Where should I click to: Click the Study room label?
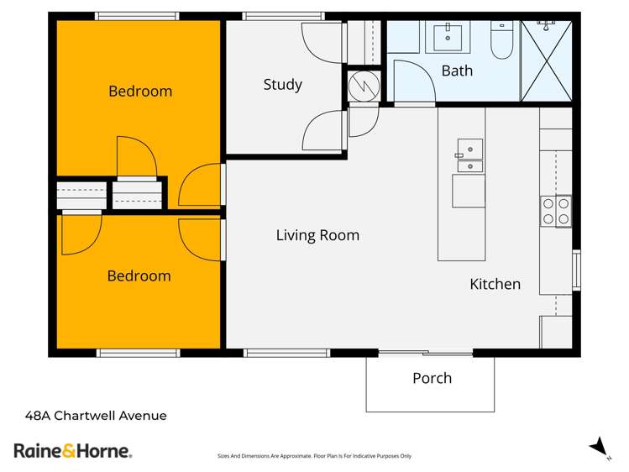click(x=282, y=85)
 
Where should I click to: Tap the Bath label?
click(x=457, y=71)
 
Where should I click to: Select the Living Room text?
click(x=317, y=235)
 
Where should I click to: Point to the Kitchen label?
click(x=495, y=284)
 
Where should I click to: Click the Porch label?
click(x=432, y=378)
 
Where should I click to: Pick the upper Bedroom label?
click(x=140, y=91)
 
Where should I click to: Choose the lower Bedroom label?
click(x=139, y=275)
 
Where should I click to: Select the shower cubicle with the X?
click(x=547, y=59)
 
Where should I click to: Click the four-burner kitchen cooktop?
click(x=555, y=211)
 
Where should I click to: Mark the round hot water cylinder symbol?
click(x=364, y=85)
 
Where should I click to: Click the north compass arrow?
click(x=597, y=446)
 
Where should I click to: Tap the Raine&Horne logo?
click(x=73, y=450)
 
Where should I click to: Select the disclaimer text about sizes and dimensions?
click(x=314, y=456)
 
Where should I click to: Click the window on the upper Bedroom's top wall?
click(x=137, y=16)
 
